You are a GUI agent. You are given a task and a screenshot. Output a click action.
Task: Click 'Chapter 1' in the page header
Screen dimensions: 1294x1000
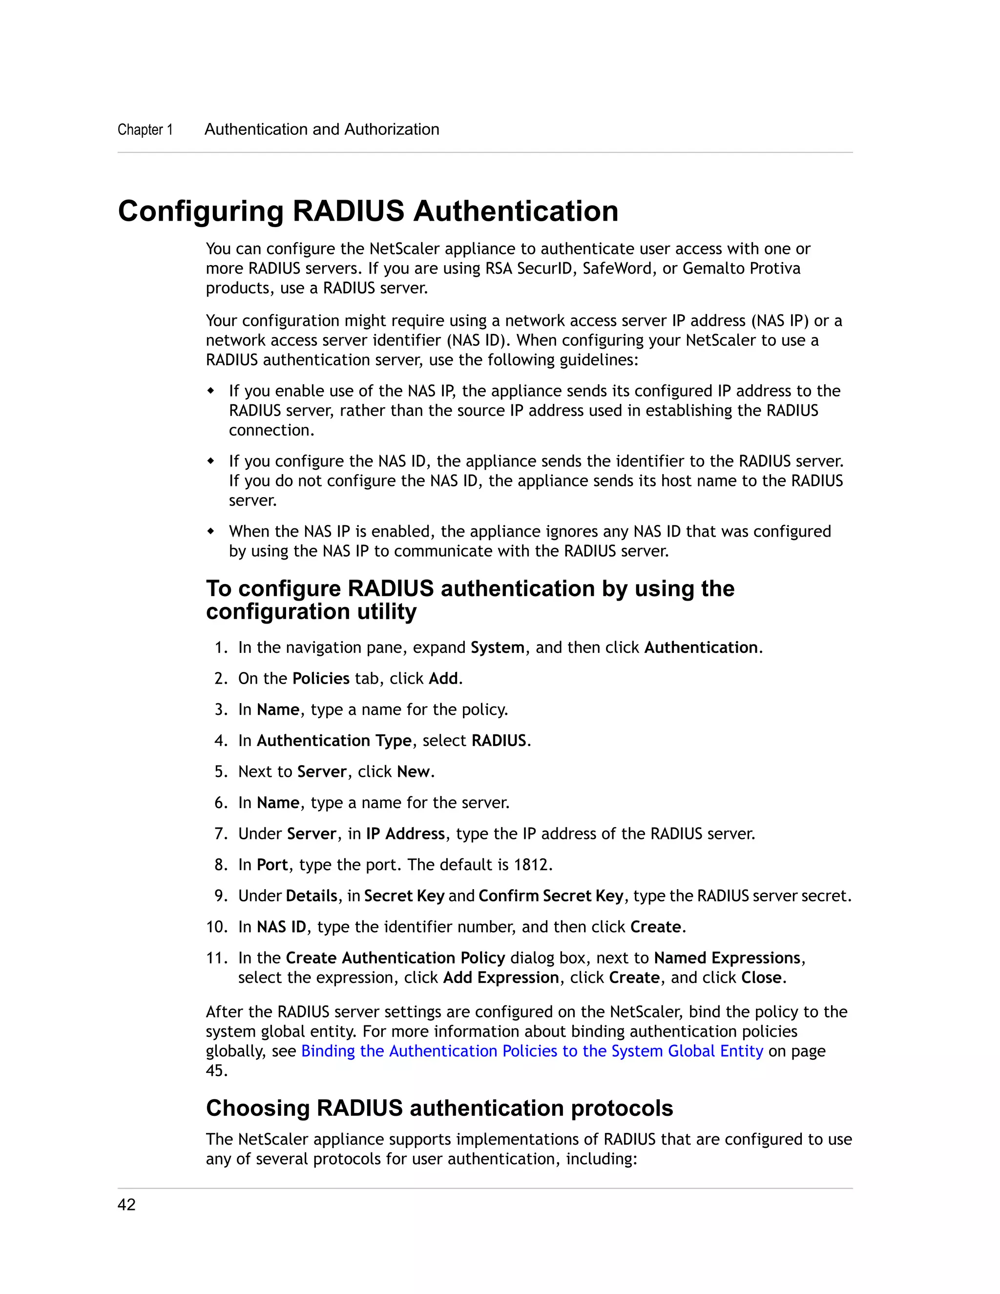tap(145, 130)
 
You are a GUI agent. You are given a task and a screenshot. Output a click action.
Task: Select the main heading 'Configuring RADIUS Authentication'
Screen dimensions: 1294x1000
tap(368, 211)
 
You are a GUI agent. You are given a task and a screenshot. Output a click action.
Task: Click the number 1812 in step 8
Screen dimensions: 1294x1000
tap(530, 865)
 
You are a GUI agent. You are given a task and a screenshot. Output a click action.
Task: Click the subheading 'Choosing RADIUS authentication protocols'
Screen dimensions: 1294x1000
tap(439, 1108)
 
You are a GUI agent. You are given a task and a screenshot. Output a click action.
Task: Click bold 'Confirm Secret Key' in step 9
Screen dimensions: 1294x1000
tap(551, 896)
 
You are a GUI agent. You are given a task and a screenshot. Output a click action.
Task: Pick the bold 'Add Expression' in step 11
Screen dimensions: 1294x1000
tap(501, 978)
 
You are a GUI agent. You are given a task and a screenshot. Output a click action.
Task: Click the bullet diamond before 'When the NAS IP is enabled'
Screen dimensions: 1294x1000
tap(211, 531)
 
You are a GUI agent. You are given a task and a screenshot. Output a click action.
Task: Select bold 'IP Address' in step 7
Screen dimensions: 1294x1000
tap(405, 834)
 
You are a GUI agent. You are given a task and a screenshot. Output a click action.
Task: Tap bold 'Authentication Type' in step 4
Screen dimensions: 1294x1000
tap(333, 741)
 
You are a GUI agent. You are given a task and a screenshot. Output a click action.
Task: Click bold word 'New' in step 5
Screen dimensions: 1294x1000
tap(413, 772)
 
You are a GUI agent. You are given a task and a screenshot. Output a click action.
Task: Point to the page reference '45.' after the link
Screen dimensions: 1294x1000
tap(216, 1071)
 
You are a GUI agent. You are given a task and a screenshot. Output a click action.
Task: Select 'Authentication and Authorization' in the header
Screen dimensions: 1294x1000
tap(322, 130)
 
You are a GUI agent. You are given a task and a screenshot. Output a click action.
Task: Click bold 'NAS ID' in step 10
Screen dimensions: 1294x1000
tap(281, 927)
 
